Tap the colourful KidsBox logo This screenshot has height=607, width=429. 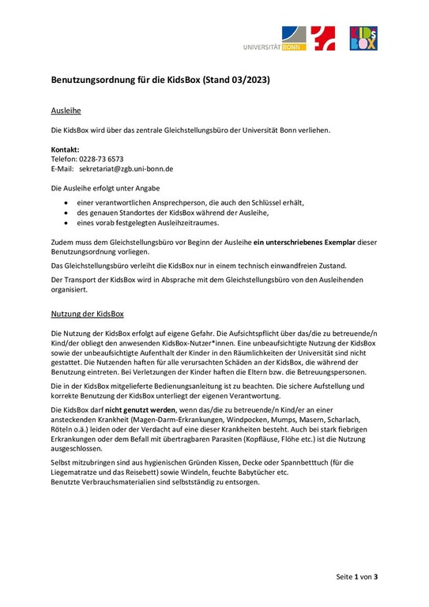coord(363,37)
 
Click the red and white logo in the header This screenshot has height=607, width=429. coord(323,37)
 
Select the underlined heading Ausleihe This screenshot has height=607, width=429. coord(66,111)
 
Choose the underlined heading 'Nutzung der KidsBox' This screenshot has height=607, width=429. coord(87,314)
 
